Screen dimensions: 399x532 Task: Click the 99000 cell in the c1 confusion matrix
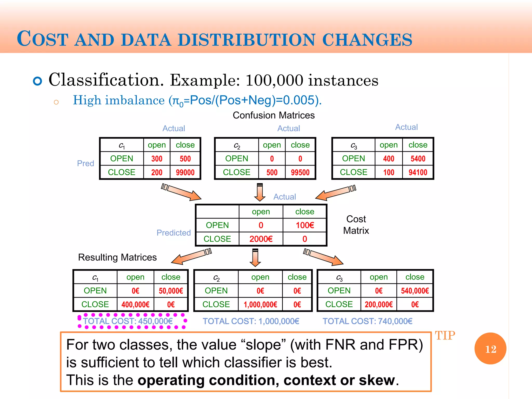pyautogui.click(x=185, y=172)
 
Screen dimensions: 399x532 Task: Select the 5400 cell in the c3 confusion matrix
pyautogui.click(x=418, y=159)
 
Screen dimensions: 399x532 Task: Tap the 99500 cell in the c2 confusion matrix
pyautogui.click(x=300, y=172)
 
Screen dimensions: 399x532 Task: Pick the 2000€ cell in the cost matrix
pyautogui.click(x=261, y=239)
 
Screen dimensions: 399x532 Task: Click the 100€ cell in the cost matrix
pyautogui.click(x=305, y=225)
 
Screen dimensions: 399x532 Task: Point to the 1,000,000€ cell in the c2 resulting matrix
pyautogui.click(x=260, y=304)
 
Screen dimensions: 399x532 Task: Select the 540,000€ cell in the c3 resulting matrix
pyautogui.click(x=415, y=291)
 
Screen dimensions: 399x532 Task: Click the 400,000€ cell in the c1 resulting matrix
pyautogui.click(x=135, y=304)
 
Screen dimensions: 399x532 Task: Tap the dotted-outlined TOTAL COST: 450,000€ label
pyautogui.click(x=128, y=321)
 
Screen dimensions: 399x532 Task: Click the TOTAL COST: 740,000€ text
pyautogui.click(x=367, y=321)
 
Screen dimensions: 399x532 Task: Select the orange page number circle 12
pyautogui.click(x=490, y=349)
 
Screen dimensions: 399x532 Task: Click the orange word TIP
pyautogui.click(x=445, y=336)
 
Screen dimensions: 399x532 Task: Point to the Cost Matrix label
pyautogui.click(x=356, y=225)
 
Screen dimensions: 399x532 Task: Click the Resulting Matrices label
pyautogui.click(x=117, y=257)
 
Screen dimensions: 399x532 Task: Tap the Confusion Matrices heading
pyautogui.click(x=274, y=115)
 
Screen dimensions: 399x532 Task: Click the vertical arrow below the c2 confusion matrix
pyautogui.click(x=260, y=192)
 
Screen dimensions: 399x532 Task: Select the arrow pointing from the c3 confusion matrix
pyautogui.click(x=335, y=193)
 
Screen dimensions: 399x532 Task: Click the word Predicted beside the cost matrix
pyautogui.click(x=174, y=233)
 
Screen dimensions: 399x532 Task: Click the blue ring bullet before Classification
pyautogui.click(x=38, y=81)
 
